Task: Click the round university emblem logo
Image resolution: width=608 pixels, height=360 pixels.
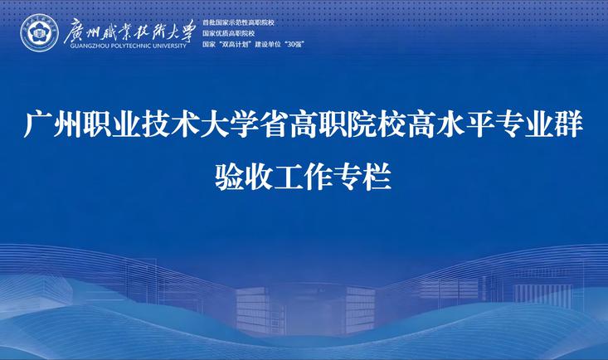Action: (x=39, y=33)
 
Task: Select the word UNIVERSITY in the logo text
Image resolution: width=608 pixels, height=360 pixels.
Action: (x=169, y=46)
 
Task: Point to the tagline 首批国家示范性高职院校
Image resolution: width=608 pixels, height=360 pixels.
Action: (x=238, y=23)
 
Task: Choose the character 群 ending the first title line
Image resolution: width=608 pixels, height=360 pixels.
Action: (x=570, y=124)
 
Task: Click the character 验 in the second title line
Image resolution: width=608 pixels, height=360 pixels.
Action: (x=230, y=177)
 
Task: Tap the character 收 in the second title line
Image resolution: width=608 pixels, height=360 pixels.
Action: (x=260, y=177)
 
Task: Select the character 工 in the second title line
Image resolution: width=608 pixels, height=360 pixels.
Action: (x=289, y=177)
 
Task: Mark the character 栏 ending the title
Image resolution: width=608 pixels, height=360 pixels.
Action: (x=377, y=177)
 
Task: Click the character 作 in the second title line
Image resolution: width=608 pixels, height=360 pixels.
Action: (x=319, y=177)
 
